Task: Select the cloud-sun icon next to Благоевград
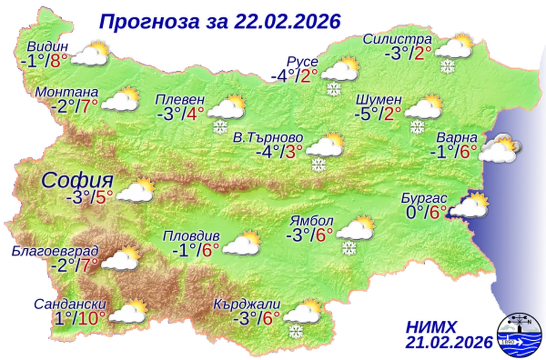pyautogui.click(x=120, y=259)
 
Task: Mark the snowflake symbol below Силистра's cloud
pyautogui.click(x=447, y=66)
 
